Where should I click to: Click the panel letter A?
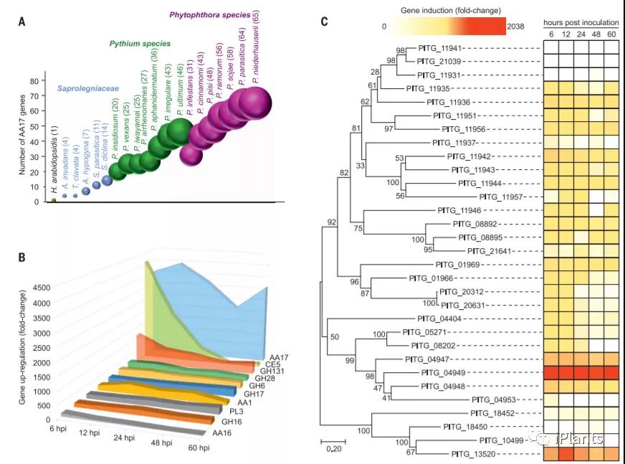(x=22, y=22)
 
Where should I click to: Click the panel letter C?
(x=325, y=22)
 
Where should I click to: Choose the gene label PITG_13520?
(x=450, y=454)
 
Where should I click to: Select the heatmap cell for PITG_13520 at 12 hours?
(x=567, y=454)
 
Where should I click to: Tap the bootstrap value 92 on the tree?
(x=331, y=222)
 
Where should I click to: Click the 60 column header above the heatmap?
(x=611, y=34)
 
